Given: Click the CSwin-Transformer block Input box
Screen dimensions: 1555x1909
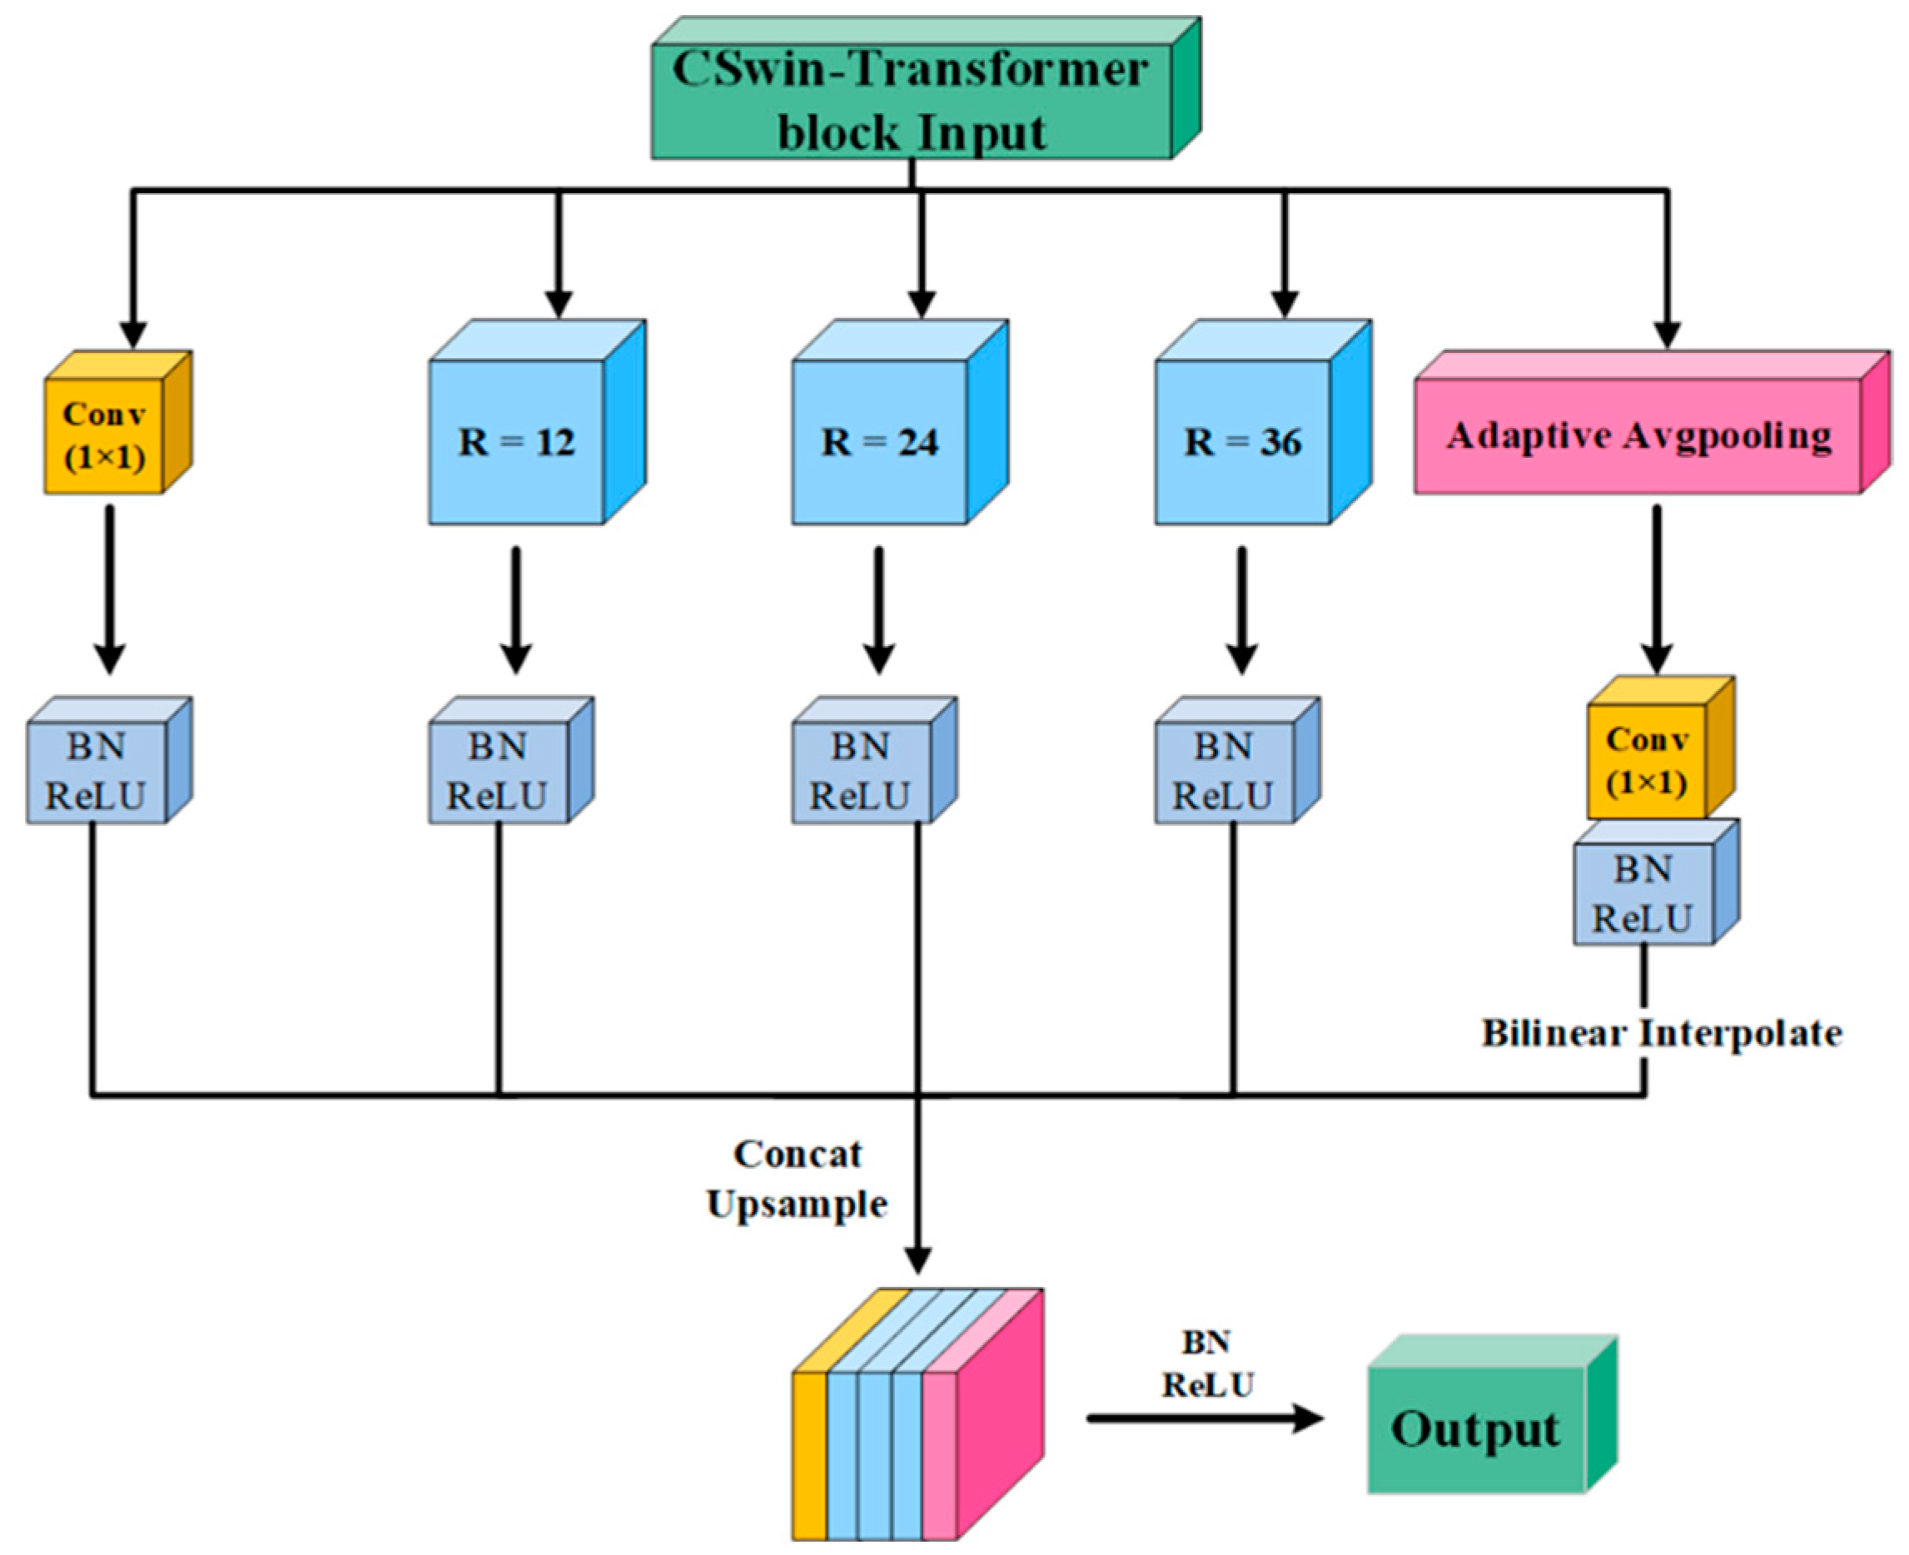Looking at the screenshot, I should tap(911, 101).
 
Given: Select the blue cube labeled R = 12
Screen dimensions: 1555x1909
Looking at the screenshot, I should tap(517, 441).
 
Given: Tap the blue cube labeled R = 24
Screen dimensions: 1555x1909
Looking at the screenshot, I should tap(880, 441).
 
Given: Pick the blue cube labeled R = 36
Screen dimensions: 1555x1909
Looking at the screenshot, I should tap(1242, 441).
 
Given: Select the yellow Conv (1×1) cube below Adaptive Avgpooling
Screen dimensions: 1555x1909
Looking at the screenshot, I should tap(1647, 761).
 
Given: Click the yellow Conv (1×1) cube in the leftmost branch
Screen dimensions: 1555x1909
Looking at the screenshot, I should tap(105, 436).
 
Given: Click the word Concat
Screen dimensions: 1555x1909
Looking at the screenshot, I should tap(798, 1155).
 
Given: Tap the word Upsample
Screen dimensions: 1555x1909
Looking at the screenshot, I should tap(798, 1204).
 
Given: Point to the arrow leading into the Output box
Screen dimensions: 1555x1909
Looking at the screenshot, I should tap(1205, 1418).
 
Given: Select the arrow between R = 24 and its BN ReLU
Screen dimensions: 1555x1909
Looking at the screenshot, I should tap(879, 609).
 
